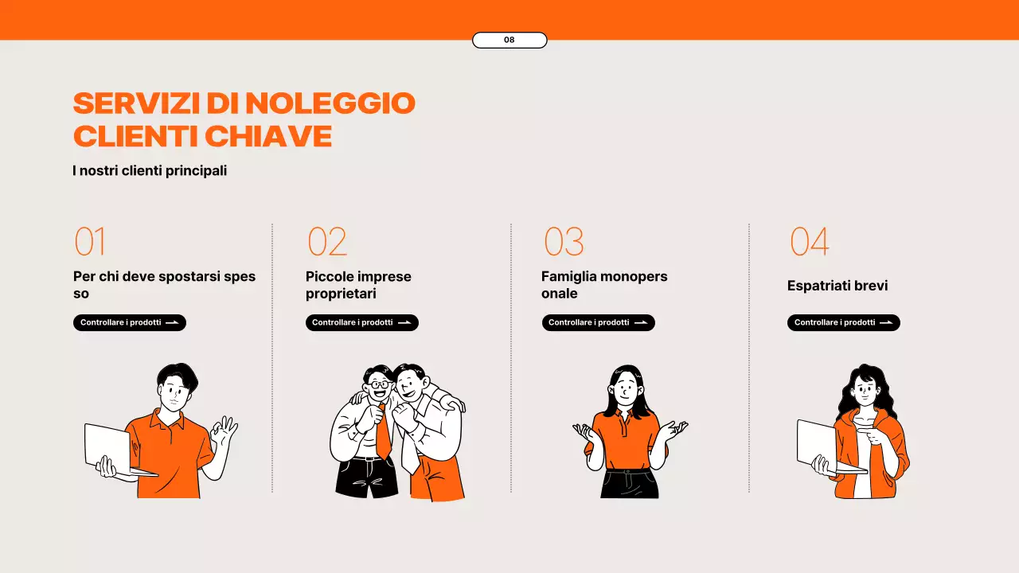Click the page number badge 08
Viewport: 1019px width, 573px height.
(509, 40)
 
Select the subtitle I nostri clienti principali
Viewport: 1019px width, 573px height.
(150, 170)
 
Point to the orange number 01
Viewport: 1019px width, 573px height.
(90, 242)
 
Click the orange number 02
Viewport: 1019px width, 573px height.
(327, 242)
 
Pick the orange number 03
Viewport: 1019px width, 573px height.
(564, 242)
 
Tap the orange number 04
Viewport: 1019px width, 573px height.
(809, 242)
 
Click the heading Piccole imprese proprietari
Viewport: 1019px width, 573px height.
(358, 285)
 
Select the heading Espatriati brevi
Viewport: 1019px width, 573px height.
(837, 286)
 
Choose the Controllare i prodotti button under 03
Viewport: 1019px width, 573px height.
(598, 322)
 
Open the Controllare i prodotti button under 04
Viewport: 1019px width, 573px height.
(843, 322)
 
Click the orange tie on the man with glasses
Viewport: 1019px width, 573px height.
(383, 434)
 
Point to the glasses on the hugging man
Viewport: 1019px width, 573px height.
(379, 385)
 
